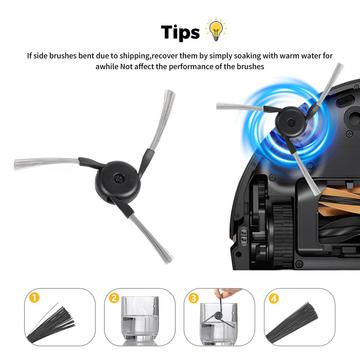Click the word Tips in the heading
pyautogui.click(x=180, y=32)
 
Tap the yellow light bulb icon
pyautogui.click(x=216, y=30)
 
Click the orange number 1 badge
pyautogui.click(x=35, y=298)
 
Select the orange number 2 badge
pyautogui.click(x=114, y=298)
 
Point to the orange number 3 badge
pyautogui.click(x=194, y=298)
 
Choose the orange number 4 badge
pyautogui.click(x=274, y=298)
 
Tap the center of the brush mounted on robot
pyautogui.click(x=291, y=122)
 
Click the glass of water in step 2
pyautogui.click(x=140, y=319)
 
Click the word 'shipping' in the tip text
pyautogui.click(x=135, y=56)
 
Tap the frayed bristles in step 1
pyautogui.click(x=51, y=324)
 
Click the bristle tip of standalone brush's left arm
pyautogui.click(x=16, y=165)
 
